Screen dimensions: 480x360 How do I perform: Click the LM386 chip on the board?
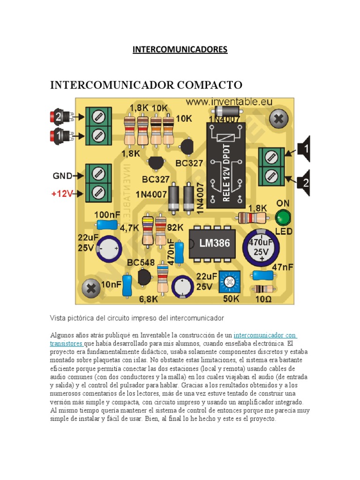208,243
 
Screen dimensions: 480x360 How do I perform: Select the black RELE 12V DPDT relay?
226,165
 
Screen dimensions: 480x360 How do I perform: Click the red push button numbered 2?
60,117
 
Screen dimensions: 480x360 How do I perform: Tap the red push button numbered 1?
60,136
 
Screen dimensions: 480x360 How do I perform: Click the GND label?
62,176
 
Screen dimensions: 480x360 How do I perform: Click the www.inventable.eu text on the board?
229,101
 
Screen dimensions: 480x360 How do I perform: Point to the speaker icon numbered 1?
304,150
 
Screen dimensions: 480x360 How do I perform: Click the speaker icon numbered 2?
304,180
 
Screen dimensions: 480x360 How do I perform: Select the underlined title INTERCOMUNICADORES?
180,49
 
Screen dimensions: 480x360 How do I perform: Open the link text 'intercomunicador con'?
265,335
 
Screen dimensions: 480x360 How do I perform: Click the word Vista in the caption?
59,318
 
